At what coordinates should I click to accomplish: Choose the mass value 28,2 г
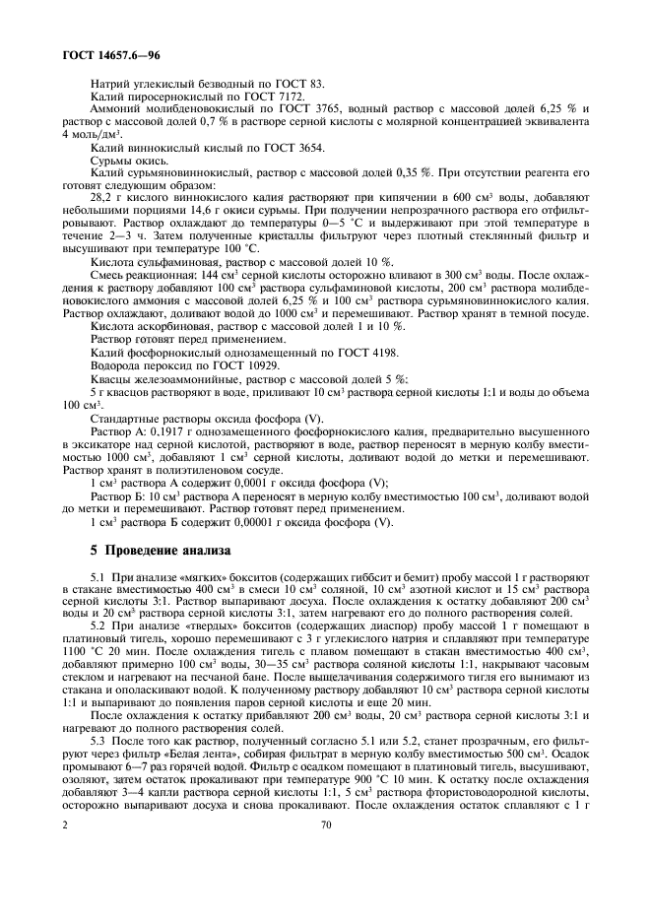101,195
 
